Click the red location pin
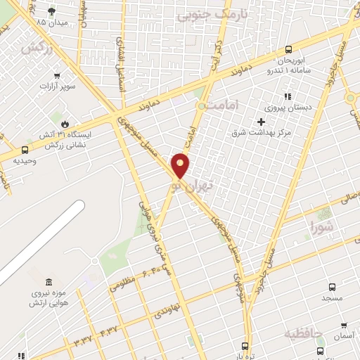[181, 164]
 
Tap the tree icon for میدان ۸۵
[51, 11]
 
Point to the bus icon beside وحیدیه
[25, 150]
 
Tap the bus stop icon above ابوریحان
[288, 49]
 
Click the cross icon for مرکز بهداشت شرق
[261, 122]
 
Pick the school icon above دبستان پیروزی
[286, 97]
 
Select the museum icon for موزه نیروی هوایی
[49, 281]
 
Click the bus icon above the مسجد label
[333, 287]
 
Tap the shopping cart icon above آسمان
[342, 326]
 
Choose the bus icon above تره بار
[245, 345]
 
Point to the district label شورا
[325, 226]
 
